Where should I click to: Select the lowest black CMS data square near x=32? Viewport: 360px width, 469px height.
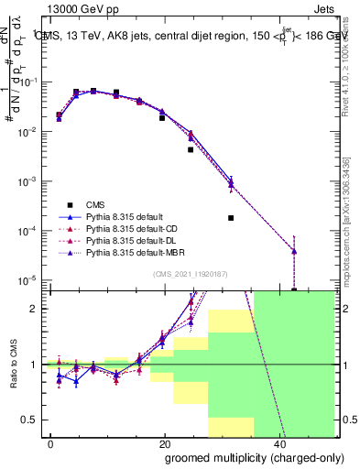231,218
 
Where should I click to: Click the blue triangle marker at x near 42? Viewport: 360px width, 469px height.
294,250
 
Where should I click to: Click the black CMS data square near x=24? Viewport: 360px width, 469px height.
191,149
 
